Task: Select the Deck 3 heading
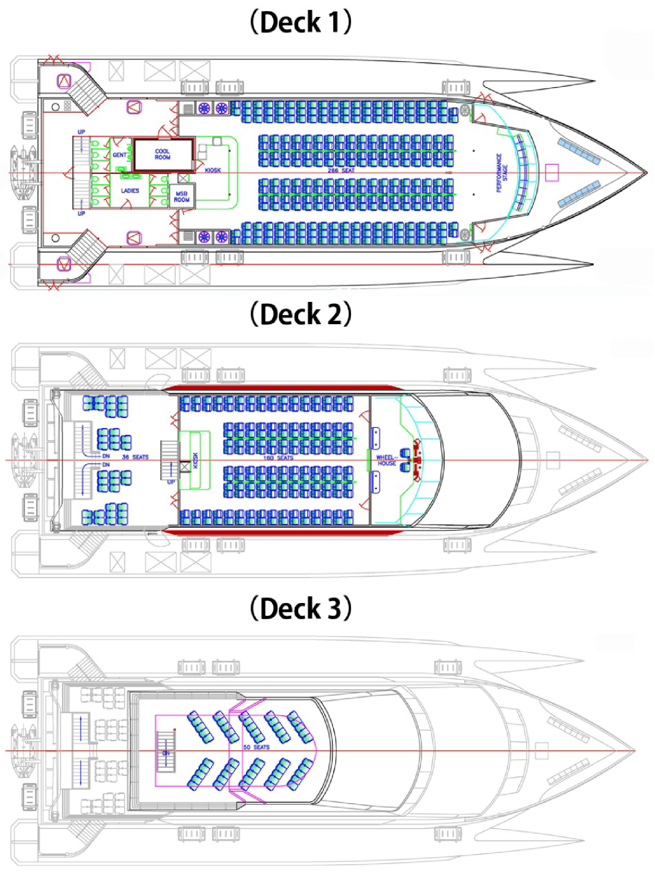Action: (x=300, y=608)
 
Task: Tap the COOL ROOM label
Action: (x=163, y=154)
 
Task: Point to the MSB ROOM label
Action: (x=182, y=197)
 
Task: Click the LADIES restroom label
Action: (x=130, y=191)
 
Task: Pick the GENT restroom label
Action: (x=119, y=155)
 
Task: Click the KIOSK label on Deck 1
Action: (x=213, y=170)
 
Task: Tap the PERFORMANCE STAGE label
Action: (x=502, y=173)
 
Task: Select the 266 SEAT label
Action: (x=341, y=170)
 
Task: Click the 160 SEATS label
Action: (x=278, y=458)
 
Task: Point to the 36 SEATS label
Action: (x=135, y=457)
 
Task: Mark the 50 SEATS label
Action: (x=256, y=747)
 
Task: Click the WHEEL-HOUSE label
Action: (x=386, y=460)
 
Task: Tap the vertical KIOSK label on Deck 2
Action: (x=195, y=460)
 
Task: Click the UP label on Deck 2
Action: (x=171, y=482)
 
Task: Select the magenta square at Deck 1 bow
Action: (x=552, y=173)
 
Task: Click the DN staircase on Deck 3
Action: (x=166, y=752)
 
